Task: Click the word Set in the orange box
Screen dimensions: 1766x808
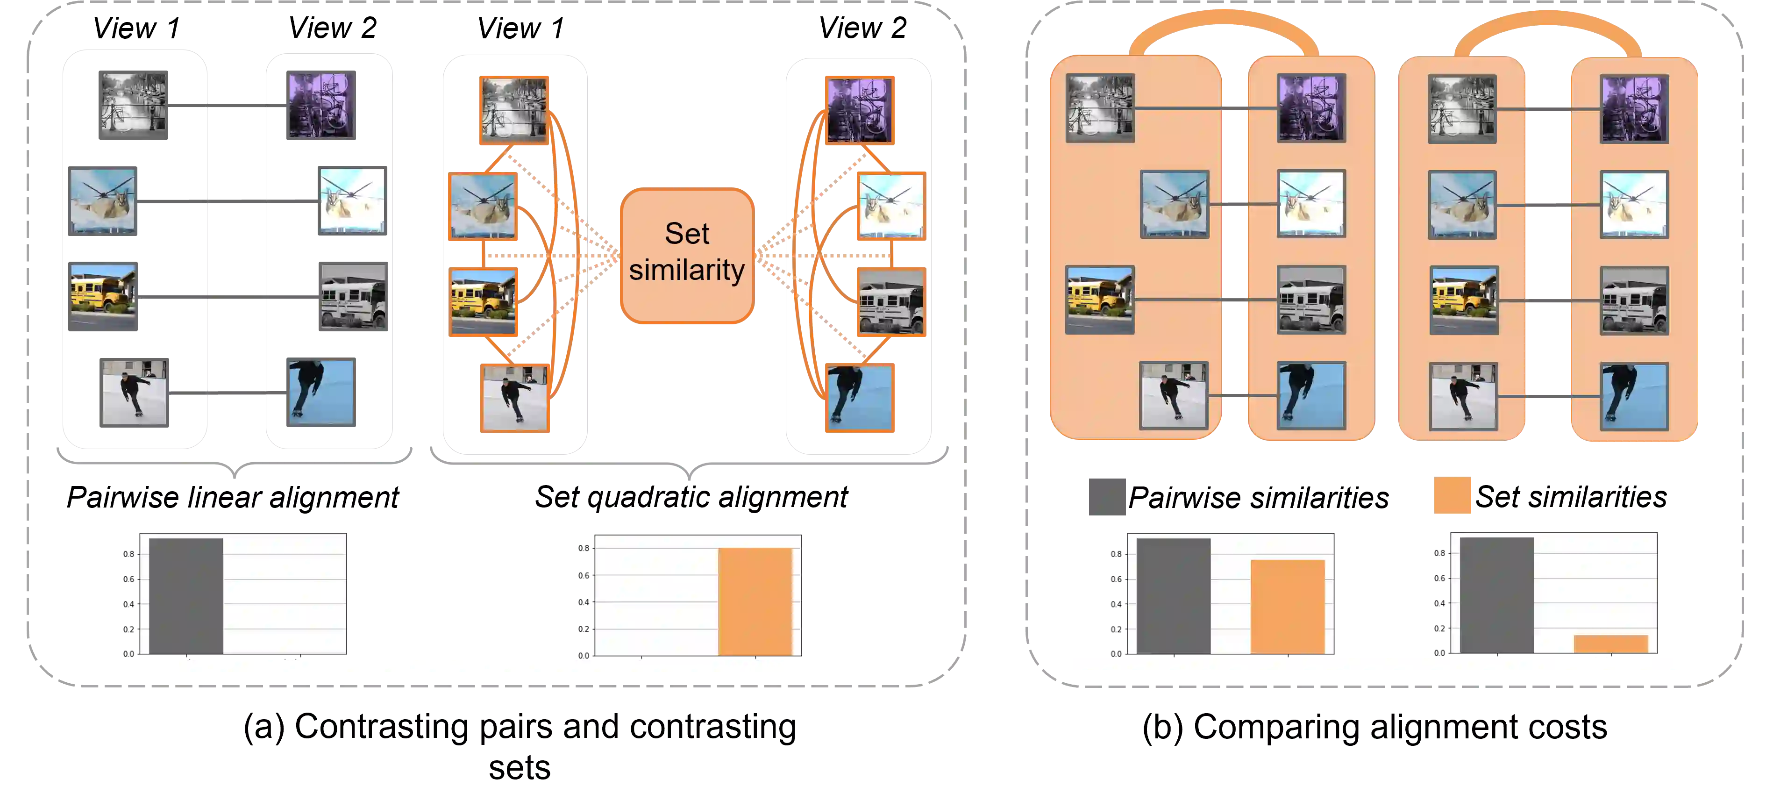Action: point(686,234)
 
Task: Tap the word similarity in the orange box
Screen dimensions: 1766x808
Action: point(686,270)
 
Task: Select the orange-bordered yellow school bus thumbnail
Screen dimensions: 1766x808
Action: point(484,302)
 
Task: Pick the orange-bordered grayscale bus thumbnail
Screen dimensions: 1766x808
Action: point(891,302)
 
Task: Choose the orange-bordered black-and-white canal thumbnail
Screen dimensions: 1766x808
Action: point(513,110)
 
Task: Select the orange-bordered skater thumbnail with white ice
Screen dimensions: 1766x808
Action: point(515,398)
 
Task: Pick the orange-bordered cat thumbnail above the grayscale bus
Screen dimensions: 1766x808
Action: point(891,206)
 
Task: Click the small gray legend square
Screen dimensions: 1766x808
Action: point(1108,497)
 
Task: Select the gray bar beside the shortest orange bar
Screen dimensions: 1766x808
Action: point(1496,595)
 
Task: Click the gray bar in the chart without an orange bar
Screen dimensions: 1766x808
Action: point(186,595)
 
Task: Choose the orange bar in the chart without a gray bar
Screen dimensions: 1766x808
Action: point(755,601)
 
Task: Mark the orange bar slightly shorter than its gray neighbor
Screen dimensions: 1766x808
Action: point(1288,606)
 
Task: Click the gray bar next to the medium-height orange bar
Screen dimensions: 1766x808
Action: point(1173,595)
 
